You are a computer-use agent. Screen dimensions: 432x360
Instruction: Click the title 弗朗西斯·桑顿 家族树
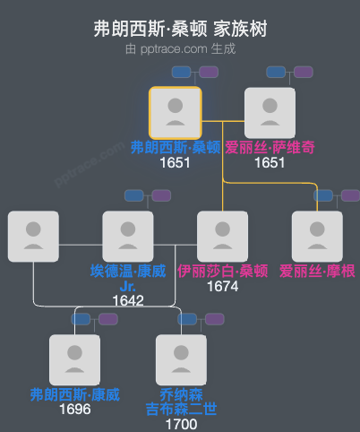point(180,29)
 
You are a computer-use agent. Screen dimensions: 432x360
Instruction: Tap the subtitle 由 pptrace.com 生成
point(180,48)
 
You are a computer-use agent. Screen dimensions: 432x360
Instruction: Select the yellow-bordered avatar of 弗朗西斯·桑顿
point(176,113)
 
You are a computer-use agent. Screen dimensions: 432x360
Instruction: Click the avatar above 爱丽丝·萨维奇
point(270,113)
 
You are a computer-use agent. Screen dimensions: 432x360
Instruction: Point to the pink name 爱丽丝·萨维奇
point(270,147)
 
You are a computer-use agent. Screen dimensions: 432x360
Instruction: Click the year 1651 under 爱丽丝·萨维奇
point(270,162)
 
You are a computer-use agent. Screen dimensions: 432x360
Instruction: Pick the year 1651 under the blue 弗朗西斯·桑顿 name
point(176,162)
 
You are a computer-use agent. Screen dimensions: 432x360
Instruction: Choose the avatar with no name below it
point(33,237)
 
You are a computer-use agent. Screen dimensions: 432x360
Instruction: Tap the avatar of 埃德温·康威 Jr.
point(128,237)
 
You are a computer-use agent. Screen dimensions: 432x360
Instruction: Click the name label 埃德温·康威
point(128,271)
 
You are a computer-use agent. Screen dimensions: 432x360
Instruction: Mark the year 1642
point(128,300)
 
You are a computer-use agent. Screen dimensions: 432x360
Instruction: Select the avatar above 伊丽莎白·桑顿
point(223,237)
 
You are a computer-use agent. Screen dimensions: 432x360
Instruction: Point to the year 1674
point(223,286)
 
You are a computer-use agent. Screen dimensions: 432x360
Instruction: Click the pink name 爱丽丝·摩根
point(317,271)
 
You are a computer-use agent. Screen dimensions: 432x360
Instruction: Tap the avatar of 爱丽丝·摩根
point(317,237)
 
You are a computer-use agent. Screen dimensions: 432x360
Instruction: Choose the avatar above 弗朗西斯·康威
point(74,360)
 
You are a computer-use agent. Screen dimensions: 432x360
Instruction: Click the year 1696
point(74,410)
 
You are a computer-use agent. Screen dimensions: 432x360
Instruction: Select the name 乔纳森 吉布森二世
point(181,402)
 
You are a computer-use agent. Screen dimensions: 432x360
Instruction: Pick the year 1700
point(181,424)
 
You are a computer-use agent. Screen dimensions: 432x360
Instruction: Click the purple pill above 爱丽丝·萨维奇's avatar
point(303,72)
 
